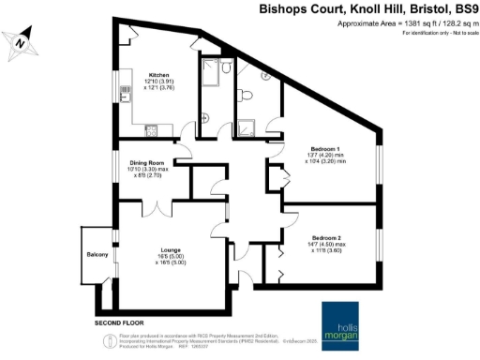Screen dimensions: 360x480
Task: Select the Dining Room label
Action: click(148, 162)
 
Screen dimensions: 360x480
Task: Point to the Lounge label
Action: click(170, 248)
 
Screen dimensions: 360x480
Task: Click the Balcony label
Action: click(97, 256)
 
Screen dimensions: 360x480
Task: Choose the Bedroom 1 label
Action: click(327, 148)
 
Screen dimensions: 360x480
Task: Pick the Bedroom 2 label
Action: click(327, 238)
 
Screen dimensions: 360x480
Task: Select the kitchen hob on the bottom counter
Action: click(159, 128)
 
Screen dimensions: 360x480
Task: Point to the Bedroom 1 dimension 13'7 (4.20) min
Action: click(327, 156)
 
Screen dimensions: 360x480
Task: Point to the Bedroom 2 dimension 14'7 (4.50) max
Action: click(327, 246)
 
